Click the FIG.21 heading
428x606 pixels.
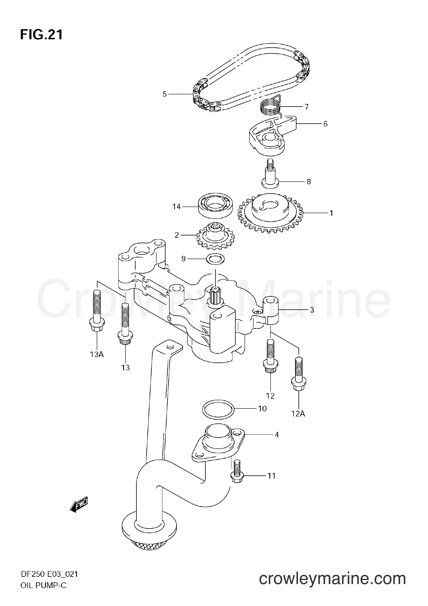[x=41, y=35]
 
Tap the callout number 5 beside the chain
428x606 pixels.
[x=165, y=94]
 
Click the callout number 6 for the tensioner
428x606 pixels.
[x=325, y=124]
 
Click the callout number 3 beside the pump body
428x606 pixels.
[x=312, y=310]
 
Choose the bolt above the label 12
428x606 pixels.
[x=270, y=355]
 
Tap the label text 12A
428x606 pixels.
[x=298, y=414]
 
